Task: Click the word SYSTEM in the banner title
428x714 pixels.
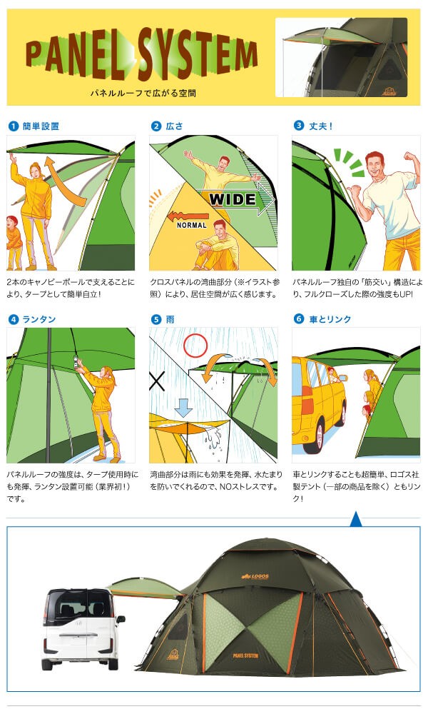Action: click(x=195, y=54)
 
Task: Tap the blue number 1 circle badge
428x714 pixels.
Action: click(x=13, y=126)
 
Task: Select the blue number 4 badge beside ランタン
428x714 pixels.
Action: click(x=13, y=320)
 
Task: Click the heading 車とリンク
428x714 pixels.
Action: click(x=330, y=319)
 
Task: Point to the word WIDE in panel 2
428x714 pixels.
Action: click(x=233, y=199)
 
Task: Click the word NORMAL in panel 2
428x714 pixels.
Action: click(x=191, y=225)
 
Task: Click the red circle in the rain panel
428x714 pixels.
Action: click(x=195, y=346)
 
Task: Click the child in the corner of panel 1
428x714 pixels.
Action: click(x=14, y=242)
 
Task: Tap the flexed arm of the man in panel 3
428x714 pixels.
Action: click(x=411, y=166)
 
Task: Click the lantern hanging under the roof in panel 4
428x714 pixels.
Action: click(x=74, y=363)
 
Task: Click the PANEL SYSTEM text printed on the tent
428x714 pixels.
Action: click(x=245, y=655)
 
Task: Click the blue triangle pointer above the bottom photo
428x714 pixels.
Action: click(x=356, y=520)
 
